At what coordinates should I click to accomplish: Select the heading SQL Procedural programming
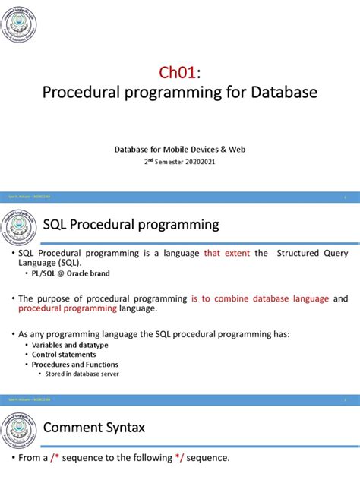[131, 225]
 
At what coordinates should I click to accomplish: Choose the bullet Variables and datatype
[70, 345]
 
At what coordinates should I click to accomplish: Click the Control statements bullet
[65, 355]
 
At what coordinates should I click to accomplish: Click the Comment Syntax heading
[94, 428]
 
